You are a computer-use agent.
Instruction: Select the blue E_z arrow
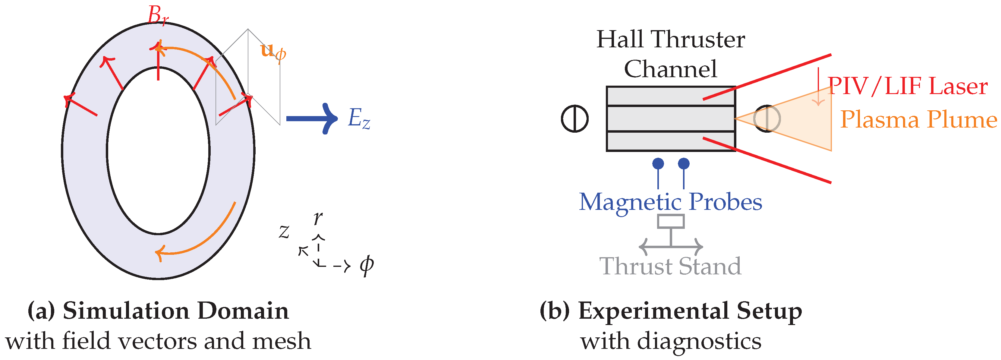pyautogui.click(x=311, y=118)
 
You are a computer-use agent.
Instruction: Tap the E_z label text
pyautogui.click(x=358, y=118)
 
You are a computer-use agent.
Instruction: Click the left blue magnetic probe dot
pyautogui.click(x=658, y=163)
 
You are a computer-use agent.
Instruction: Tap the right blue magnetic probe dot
pyautogui.click(x=684, y=163)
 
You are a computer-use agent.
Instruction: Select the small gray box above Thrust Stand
pyautogui.click(x=671, y=221)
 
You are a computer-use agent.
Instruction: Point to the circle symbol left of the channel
pyautogui.click(x=575, y=118)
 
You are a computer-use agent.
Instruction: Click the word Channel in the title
pyautogui.click(x=670, y=69)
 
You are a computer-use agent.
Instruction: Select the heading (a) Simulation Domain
pyautogui.click(x=158, y=311)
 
